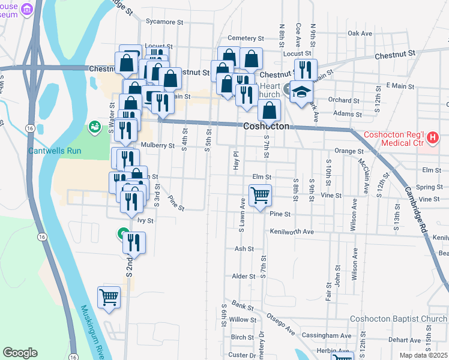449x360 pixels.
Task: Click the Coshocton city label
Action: (267, 127)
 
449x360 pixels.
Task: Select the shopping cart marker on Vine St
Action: (260, 194)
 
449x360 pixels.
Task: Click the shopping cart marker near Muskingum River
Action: (109, 296)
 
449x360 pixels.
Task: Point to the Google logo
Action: (20, 353)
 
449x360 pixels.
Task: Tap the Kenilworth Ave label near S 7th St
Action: (292, 232)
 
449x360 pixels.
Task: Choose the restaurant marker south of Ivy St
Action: (134, 242)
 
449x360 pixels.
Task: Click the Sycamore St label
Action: (163, 22)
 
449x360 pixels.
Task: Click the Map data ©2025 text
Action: (424, 356)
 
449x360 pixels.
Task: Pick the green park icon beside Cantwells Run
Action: (94, 127)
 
